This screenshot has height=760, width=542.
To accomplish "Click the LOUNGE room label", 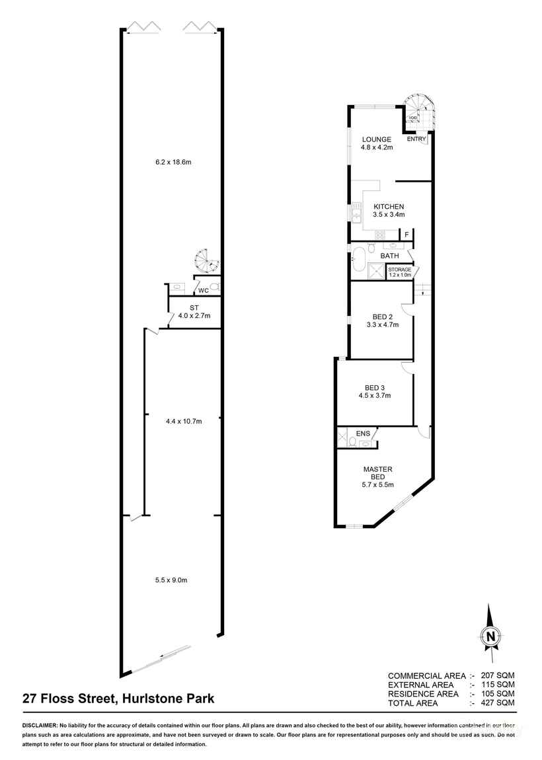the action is (376, 139).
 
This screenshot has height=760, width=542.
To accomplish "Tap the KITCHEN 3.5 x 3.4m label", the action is (389, 210).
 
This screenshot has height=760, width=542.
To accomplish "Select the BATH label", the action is (390, 256).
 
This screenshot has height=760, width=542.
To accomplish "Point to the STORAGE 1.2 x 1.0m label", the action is (400, 272).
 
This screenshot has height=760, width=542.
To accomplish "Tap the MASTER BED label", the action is (378, 473).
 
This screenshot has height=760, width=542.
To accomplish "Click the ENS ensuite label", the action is (363, 434).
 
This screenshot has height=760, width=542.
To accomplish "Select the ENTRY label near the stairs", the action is (416, 139).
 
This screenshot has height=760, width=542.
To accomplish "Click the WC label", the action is (204, 290).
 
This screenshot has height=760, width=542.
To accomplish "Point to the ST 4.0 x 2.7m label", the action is (194, 312).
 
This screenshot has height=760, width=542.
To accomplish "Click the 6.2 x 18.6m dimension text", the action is (174, 162).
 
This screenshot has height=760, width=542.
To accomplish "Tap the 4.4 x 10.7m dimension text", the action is (184, 421).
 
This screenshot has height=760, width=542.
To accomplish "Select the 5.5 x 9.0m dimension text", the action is (172, 580).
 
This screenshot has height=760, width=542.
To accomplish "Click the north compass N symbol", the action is (491, 636).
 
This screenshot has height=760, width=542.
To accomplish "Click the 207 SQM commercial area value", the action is (498, 675).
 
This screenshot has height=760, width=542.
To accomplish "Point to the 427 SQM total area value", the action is (498, 703).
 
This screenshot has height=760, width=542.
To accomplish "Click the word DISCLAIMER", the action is (40, 726).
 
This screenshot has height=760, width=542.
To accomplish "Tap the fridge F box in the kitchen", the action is (406, 235).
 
